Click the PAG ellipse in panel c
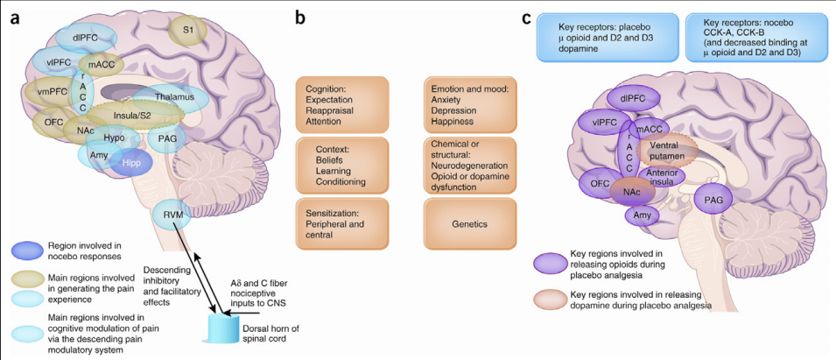[x=712, y=201]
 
